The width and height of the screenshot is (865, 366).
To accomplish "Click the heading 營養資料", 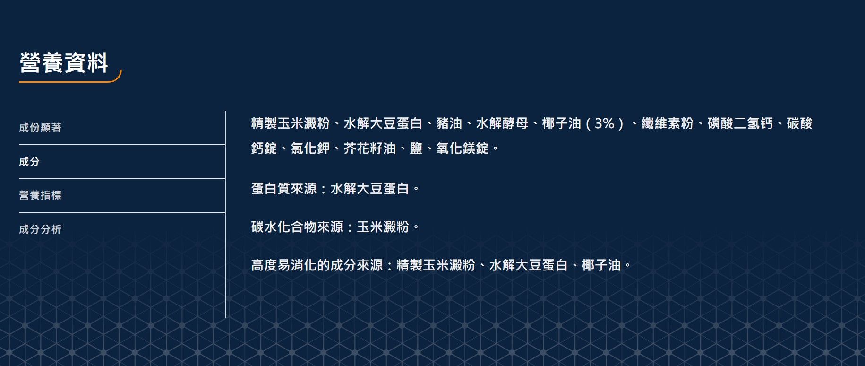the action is [64, 63].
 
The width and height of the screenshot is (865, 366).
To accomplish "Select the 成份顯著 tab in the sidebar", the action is [40, 128].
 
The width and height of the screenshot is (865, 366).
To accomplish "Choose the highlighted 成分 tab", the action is [29, 162].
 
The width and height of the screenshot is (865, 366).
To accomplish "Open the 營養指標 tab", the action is [40, 195].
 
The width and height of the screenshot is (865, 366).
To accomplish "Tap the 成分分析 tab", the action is [40, 229].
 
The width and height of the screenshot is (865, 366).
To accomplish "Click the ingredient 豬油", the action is [449, 123].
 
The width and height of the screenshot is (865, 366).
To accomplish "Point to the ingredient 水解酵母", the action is [502, 123].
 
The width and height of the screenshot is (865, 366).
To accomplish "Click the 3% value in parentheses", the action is [604, 123].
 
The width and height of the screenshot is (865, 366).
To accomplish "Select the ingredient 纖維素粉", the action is [667, 123].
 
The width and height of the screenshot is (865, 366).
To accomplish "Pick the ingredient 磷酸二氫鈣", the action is [740, 123].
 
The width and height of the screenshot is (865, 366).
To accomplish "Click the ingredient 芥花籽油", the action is [369, 148].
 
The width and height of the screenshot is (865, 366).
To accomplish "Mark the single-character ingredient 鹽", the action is [416, 148].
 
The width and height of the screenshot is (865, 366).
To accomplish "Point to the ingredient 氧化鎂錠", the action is [462, 148].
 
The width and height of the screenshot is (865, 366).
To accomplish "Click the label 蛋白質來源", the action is [283, 189].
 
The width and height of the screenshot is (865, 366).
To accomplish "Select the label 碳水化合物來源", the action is [297, 227].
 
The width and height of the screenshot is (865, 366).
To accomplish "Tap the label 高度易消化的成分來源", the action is [317, 265].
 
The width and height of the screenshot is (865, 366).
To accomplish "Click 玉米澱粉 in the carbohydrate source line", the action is [383, 227].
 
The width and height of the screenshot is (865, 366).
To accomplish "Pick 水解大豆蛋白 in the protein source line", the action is [369, 189].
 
